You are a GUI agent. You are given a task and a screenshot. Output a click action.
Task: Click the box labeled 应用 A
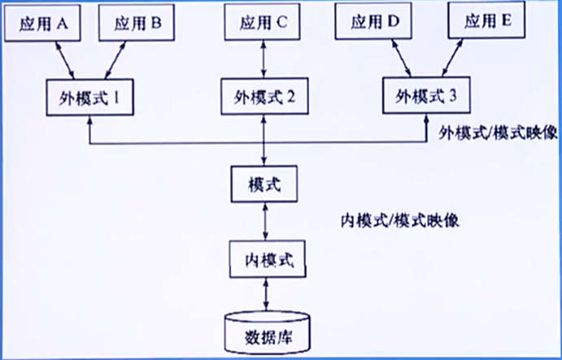coord(43,24)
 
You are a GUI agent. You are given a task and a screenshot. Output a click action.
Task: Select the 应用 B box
coord(137,24)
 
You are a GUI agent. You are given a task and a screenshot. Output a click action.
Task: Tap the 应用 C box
coord(262,24)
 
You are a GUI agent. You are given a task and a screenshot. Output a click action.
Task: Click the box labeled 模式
coord(262,183)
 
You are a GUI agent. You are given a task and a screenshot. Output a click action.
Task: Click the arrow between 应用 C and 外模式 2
coord(262,60)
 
